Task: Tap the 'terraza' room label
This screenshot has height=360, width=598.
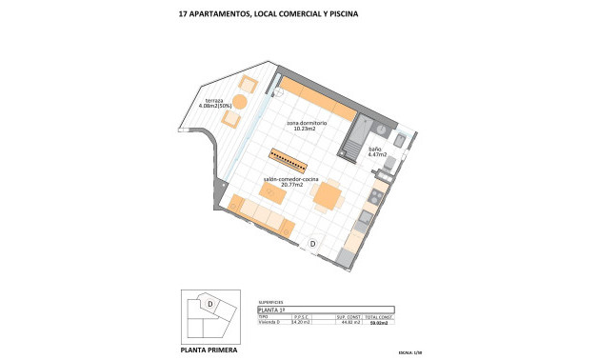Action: (x=209, y=100)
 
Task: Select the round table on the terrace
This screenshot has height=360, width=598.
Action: (x=241, y=101)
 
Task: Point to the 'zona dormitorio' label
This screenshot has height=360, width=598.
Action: (x=307, y=123)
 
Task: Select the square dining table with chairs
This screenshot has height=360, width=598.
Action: (x=328, y=196)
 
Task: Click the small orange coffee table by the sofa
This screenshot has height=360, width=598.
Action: (x=272, y=194)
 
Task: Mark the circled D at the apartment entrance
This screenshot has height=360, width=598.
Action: (x=313, y=245)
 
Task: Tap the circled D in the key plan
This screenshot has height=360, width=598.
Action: (x=210, y=304)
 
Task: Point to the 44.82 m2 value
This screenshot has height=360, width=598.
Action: (x=350, y=323)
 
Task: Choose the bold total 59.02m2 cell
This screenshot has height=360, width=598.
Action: (x=379, y=323)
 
